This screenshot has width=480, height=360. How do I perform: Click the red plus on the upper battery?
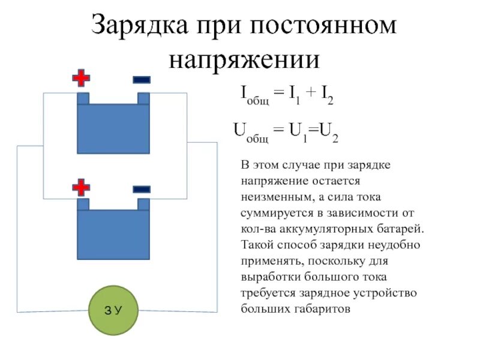(81, 79)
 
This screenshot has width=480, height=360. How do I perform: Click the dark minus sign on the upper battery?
(142, 79)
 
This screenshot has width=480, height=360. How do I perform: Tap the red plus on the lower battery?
(81, 188)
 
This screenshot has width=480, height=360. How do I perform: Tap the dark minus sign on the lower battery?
(142, 189)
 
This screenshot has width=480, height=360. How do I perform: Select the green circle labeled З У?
(113, 310)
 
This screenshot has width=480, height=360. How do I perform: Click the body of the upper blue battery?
(113, 128)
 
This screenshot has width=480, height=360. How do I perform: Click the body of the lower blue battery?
(113, 234)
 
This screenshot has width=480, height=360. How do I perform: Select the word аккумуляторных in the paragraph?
(311, 229)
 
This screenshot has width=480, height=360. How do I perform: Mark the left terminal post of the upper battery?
(83, 98)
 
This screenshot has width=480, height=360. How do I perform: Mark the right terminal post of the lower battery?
(143, 204)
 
